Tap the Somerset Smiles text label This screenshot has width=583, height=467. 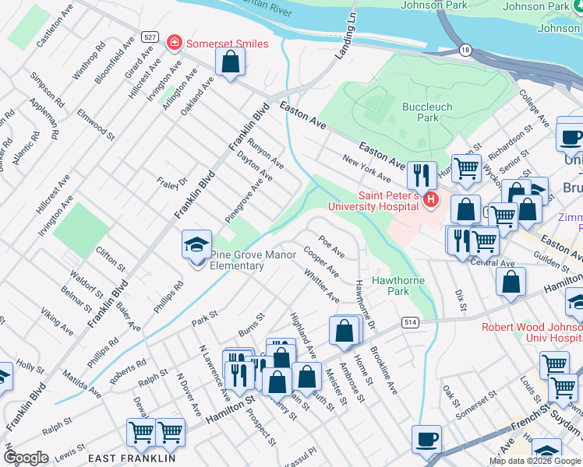(226, 44)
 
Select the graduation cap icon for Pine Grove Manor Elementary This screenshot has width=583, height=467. (196, 244)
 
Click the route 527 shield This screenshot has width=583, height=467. (151, 37)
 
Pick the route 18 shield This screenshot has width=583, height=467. (465, 49)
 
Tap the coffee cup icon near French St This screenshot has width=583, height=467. (426, 439)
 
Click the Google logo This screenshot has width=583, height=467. (26, 458)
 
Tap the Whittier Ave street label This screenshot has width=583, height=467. (322, 286)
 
